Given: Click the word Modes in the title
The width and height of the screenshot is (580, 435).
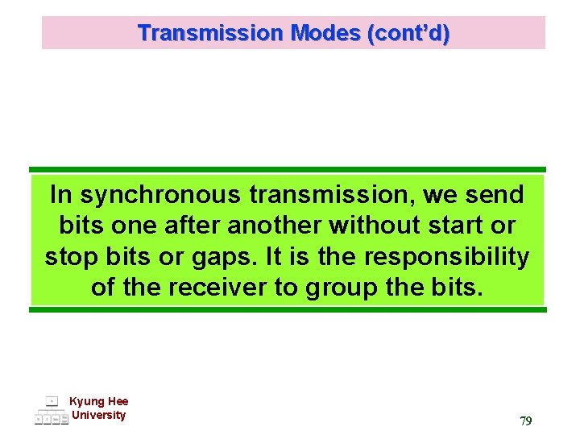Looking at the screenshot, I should [x=327, y=33].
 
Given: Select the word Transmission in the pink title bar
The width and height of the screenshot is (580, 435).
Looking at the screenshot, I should [x=211, y=33].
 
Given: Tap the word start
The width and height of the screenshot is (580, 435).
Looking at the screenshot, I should [x=462, y=226].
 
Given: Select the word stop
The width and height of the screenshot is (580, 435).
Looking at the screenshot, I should [x=70, y=256].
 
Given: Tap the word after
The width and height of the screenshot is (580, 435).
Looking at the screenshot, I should [x=195, y=226].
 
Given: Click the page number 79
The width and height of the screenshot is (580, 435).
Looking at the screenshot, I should [x=525, y=420].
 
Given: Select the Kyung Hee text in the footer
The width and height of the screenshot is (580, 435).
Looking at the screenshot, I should [x=98, y=401].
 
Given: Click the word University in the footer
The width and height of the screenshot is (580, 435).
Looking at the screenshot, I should [x=98, y=415].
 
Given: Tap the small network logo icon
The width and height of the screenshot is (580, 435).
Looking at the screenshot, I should [x=51, y=410].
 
